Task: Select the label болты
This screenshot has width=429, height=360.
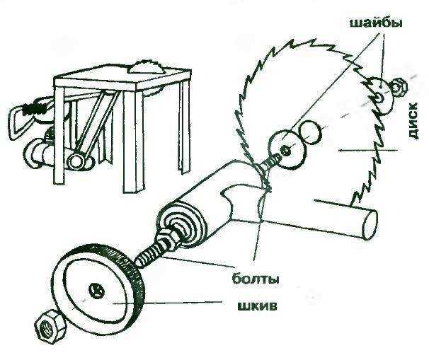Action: click(x=254, y=279)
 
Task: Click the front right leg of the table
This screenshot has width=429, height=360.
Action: click(x=186, y=128)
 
